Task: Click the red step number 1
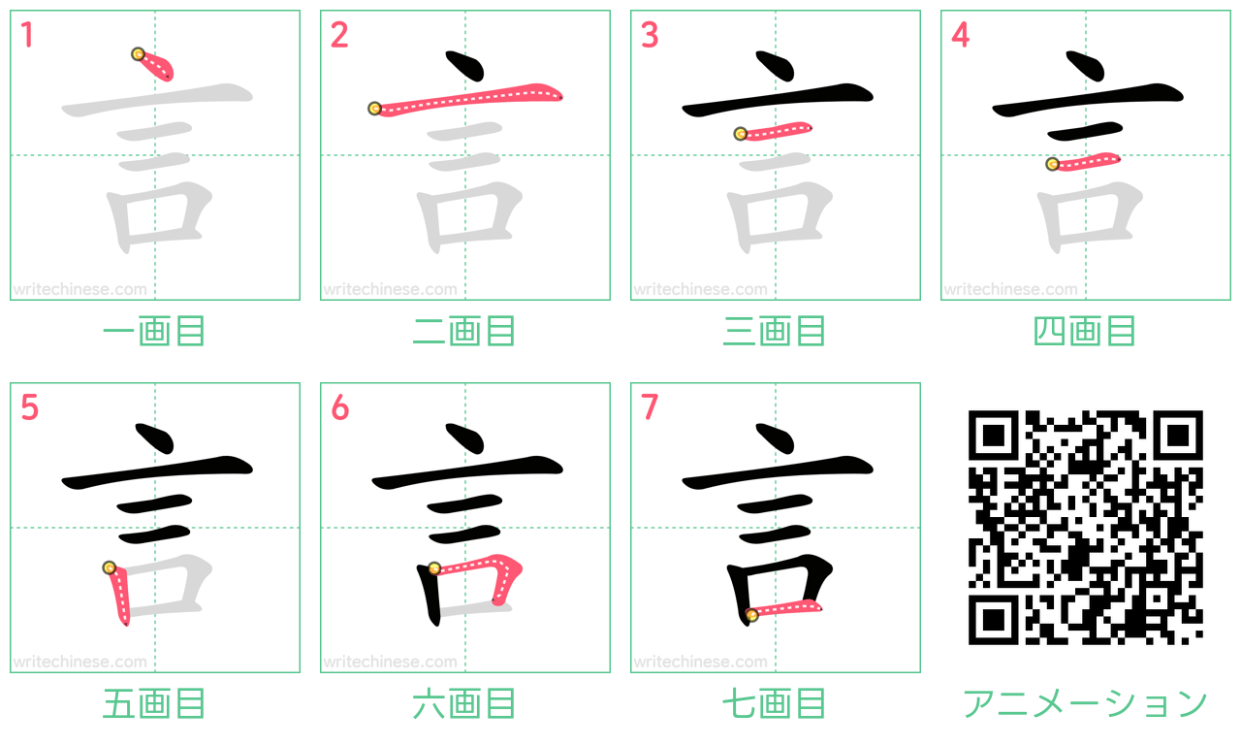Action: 27,34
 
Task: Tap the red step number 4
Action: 960,34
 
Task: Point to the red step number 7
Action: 650,406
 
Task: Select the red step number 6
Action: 339,406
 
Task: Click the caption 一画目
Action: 154,331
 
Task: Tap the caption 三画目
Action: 775,331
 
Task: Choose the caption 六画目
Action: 464,703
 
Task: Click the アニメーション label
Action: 1085,703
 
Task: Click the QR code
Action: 1085,527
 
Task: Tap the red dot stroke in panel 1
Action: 156,65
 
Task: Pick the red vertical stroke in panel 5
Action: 118,595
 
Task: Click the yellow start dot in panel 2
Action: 374,108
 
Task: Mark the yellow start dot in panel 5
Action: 110,567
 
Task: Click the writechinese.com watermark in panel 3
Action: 700,289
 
